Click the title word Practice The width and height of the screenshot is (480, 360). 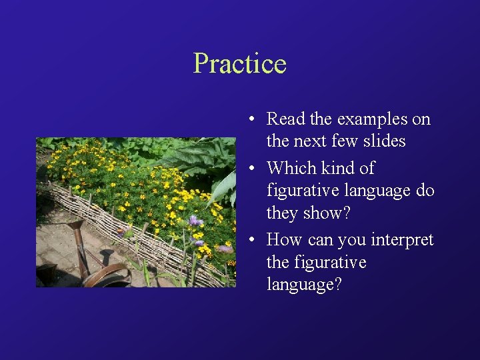(x=239, y=64)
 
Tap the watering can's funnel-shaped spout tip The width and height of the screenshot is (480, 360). (x=75, y=226)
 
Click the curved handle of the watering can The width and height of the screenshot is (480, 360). (x=107, y=272)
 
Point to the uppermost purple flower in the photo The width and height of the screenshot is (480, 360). (x=195, y=221)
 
